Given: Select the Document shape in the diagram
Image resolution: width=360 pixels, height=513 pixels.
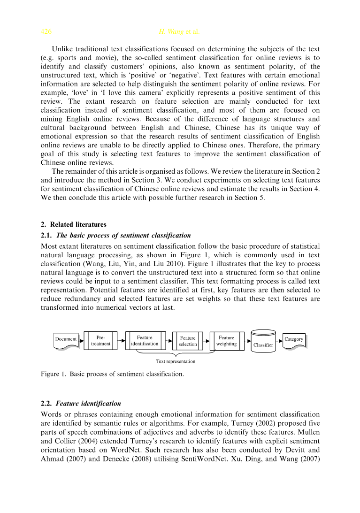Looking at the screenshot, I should coord(66,340).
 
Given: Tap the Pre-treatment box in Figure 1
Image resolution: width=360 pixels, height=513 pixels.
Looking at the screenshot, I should coord(100,341).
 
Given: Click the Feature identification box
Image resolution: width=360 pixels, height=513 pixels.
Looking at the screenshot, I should coord(145,341).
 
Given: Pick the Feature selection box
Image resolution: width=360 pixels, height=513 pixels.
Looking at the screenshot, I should coord(188,341).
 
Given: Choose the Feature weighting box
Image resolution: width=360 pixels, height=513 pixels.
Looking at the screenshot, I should coord(227,341).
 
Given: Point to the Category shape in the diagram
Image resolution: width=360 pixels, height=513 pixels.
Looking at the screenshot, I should coord(294,340).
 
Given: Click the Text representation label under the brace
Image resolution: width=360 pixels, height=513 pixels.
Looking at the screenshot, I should coord(176,361).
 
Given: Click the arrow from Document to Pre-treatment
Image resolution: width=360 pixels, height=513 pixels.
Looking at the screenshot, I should coord(81,340).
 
